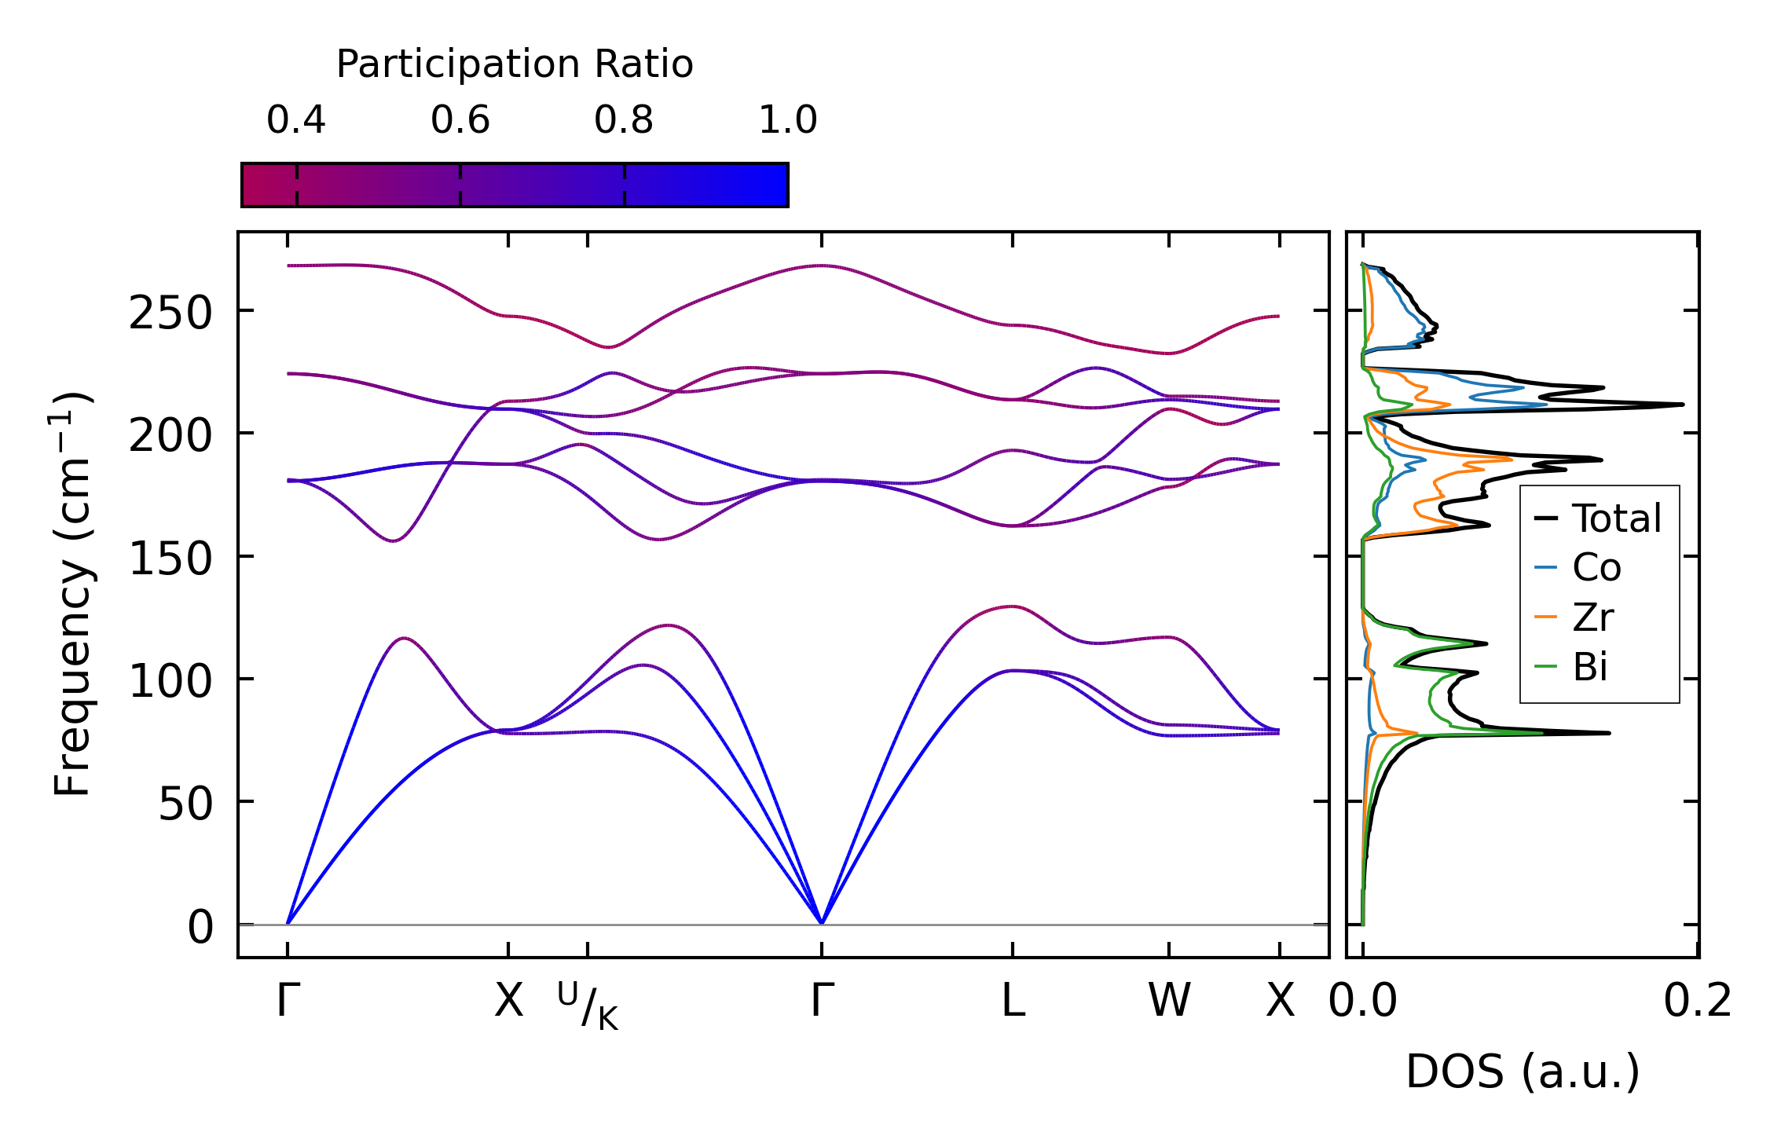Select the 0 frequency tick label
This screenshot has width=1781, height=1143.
point(200,927)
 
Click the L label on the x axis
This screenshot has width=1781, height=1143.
point(1013,1001)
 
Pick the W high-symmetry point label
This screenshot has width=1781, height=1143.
point(1169,1001)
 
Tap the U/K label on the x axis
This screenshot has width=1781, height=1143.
point(588,1006)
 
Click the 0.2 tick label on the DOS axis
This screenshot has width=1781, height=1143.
point(1697,1001)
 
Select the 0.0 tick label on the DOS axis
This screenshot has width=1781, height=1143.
point(1363,1001)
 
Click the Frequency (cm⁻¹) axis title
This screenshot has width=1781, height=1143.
point(72,594)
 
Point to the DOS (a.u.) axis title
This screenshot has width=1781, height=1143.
point(1523,1072)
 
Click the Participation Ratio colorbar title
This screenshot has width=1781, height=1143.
point(515,64)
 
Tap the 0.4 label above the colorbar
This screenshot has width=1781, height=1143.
point(296,120)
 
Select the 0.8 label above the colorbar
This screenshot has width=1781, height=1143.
point(624,120)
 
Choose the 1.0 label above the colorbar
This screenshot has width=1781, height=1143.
point(788,120)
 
